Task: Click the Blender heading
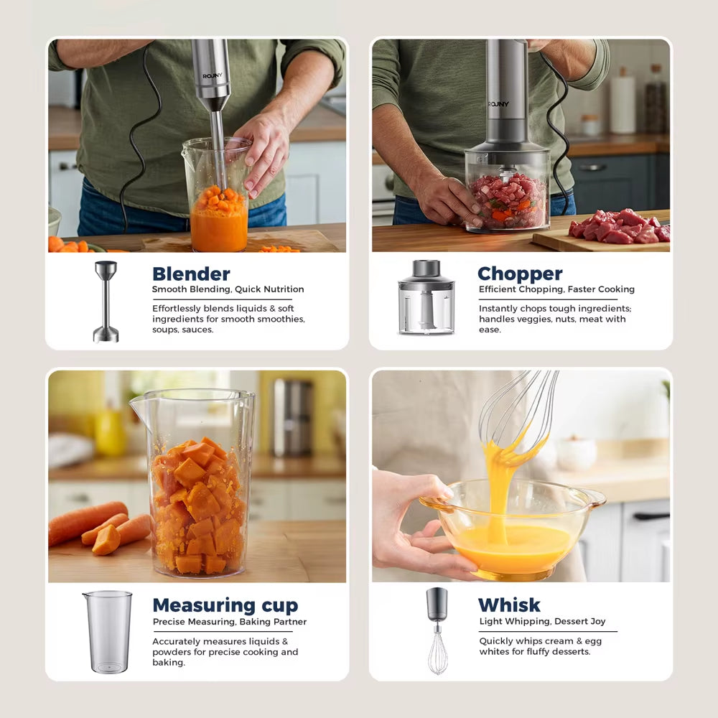191,274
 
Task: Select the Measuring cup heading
225,605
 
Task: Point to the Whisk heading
509,605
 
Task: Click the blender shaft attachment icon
106,302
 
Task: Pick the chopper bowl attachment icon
426,297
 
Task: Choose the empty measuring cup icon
108,632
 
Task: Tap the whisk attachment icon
437,630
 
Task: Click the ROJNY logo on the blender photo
212,75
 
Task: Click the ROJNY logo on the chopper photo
498,104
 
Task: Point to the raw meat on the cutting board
618,228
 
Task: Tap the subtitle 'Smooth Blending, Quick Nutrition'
228,289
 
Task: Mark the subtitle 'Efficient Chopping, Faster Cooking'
556,289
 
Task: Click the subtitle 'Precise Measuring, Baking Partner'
229,622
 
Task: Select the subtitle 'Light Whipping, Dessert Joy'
542,621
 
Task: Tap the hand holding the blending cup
263,151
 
